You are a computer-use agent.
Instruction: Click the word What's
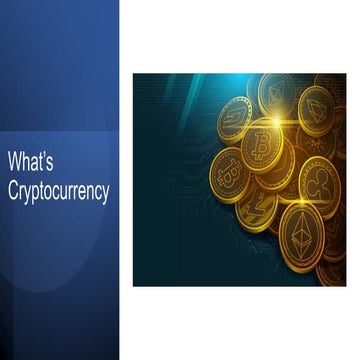[x=29, y=159]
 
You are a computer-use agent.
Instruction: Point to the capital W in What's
[x=15, y=159]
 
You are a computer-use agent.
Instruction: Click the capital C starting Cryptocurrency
[x=14, y=192]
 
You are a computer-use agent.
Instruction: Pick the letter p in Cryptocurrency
[x=39, y=195]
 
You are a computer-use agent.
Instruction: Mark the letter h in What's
[x=25, y=159]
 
